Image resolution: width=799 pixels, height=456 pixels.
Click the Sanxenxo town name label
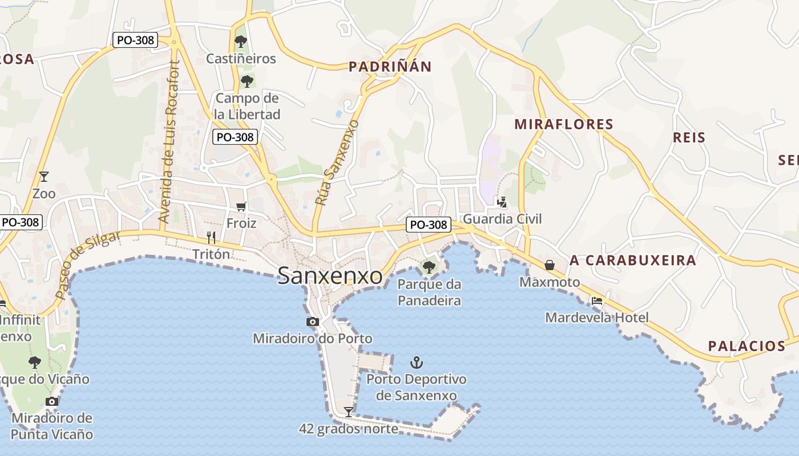click(x=330, y=276)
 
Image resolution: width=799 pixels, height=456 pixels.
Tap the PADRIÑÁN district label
click(x=390, y=67)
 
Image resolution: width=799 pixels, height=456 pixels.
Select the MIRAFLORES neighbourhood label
click(x=564, y=124)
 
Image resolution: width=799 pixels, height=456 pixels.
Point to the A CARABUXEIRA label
click(x=633, y=260)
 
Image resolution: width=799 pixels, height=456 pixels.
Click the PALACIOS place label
click(x=746, y=346)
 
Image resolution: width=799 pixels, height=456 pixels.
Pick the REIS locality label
click(x=689, y=137)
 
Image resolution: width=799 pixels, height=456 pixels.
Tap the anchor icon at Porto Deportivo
click(x=417, y=363)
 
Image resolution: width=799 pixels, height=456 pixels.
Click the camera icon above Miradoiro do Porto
click(x=312, y=322)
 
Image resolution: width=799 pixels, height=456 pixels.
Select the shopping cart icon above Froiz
click(x=241, y=206)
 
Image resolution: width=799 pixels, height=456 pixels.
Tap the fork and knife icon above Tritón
click(x=211, y=237)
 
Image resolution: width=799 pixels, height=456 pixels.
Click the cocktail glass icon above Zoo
click(x=44, y=176)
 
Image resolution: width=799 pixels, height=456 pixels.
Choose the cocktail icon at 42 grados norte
click(x=348, y=412)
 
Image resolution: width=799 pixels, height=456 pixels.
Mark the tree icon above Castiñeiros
click(x=241, y=41)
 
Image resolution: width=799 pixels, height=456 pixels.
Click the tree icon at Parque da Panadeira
click(x=429, y=266)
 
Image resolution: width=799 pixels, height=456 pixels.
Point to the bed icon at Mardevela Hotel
click(x=597, y=301)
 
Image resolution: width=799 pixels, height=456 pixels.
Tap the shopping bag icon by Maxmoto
click(x=550, y=265)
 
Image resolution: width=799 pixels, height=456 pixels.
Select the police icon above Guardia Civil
click(x=502, y=201)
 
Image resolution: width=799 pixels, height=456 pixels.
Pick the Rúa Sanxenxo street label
click(x=337, y=162)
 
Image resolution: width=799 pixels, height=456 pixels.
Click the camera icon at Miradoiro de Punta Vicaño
click(x=52, y=401)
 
